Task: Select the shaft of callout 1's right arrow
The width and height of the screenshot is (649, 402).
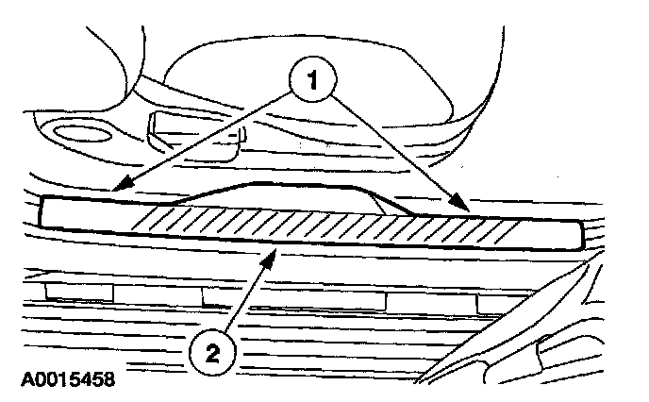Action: click(x=396, y=147)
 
